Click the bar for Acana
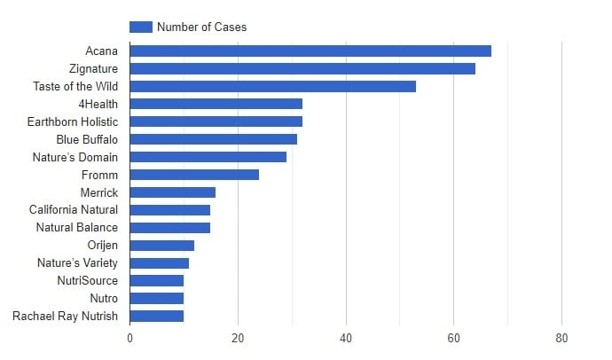click(310, 51)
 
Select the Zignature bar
click(302, 68)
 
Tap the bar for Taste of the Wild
click(273, 86)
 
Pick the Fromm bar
click(194, 175)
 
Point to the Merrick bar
click(173, 192)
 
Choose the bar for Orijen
click(162, 246)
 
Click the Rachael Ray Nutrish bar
click(157, 316)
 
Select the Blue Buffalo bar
click(214, 139)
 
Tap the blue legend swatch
click(140, 27)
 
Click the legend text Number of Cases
click(201, 27)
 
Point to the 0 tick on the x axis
click(130, 338)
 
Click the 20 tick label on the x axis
click(238, 338)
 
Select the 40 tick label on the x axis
click(346, 338)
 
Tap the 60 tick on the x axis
click(454, 338)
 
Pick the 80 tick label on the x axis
click(561, 338)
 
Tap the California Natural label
click(73, 210)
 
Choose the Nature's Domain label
click(75, 157)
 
